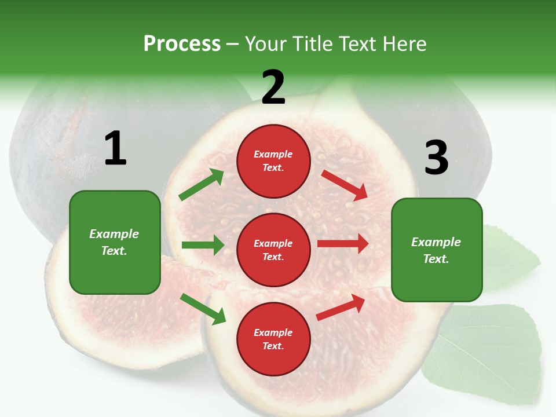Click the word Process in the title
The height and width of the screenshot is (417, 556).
(x=182, y=44)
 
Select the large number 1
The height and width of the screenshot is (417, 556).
(x=115, y=149)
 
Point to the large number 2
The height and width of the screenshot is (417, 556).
(x=273, y=87)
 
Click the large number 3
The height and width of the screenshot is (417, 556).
(x=436, y=158)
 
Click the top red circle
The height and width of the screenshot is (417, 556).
(x=273, y=161)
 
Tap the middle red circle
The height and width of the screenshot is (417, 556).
(x=273, y=250)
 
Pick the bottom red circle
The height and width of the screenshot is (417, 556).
(x=273, y=339)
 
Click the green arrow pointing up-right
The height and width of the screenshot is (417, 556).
(x=202, y=185)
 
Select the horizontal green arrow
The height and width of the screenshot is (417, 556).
(x=203, y=245)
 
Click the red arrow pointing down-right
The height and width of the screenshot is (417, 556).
(x=345, y=185)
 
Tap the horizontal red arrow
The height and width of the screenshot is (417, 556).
(x=343, y=243)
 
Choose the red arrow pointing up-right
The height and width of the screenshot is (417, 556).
(x=341, y=308)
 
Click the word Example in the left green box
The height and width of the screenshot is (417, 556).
(x=114, y=234)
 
